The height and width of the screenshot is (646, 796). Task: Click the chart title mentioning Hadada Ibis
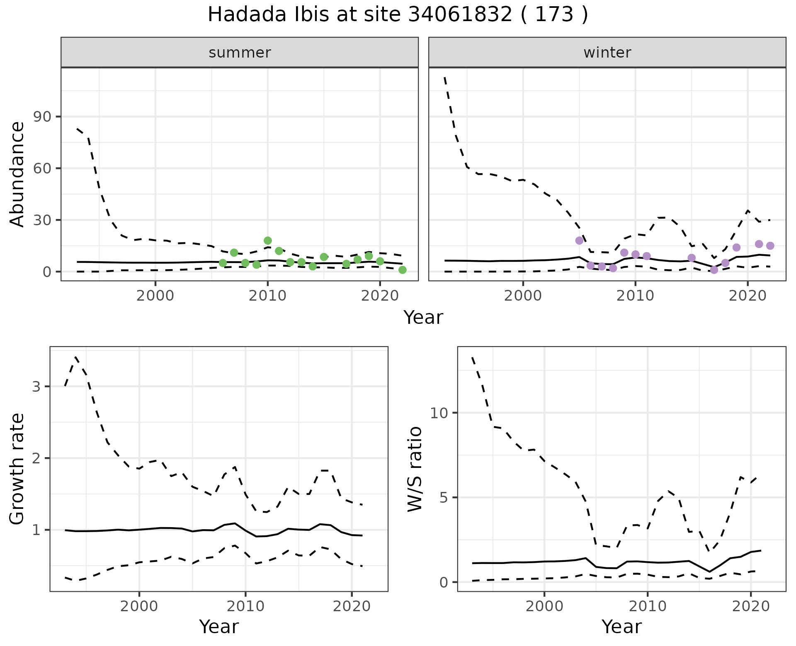pos(398,15)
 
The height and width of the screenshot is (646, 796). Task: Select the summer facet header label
pos(240,53)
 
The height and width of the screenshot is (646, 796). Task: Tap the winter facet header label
pos(607,53)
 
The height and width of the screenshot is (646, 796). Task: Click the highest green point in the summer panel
pos(268,241)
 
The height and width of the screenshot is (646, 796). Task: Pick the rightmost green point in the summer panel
pos(402,270)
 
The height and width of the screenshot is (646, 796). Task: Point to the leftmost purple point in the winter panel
pos(579,241)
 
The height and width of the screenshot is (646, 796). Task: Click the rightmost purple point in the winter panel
pos(770,246)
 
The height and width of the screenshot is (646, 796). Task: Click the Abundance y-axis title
pos(17,174)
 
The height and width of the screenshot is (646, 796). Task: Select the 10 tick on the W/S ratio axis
pos(439,413)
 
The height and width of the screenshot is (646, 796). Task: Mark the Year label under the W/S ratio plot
pos(621,627)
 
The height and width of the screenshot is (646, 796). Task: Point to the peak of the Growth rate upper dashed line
pos(75,357)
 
